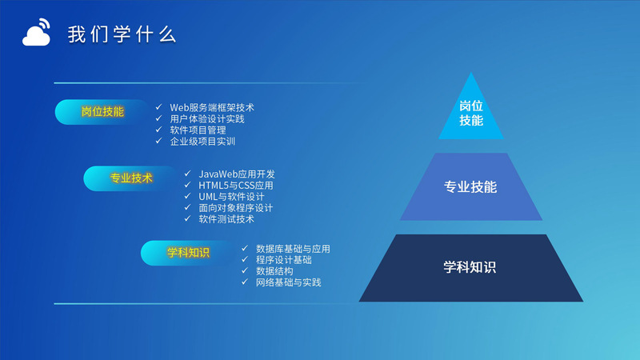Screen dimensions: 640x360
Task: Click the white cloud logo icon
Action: click(x=36, y=32)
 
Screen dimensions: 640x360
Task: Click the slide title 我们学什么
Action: click(x=122, y=34)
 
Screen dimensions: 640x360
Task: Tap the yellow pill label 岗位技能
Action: click(x=102, y=112)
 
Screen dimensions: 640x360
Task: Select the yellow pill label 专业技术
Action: click(x=131, y=178)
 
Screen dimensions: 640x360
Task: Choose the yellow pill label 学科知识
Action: click(x=188, y=253)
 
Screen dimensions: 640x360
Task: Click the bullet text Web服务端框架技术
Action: click(x=212, y=108)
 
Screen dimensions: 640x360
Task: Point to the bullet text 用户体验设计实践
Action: click(x=207, y=119)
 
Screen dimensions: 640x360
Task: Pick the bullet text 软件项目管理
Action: click(x=198, y=130)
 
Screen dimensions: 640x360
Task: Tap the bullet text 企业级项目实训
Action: click(x=202, y=142)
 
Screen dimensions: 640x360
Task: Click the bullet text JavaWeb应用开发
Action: click(x=237, y=174)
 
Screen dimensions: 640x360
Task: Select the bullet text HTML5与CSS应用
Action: click(x=236, y=186)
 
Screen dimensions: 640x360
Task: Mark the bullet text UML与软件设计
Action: click(x=231, y=197)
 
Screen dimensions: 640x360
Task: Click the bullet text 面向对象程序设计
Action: click(x=235, y=208)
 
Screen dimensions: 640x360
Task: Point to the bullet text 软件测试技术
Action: click(x=226, y=219)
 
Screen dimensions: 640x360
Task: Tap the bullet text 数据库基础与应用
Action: click(x=293, y=249)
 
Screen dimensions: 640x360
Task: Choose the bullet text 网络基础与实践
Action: click(x=289, y=282)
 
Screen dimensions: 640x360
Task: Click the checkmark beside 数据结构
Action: click(x=245, y=270)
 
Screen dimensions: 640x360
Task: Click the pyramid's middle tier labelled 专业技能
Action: click(x=471, y=187)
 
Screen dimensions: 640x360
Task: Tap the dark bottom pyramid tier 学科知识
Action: click(x=471, y=268)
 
